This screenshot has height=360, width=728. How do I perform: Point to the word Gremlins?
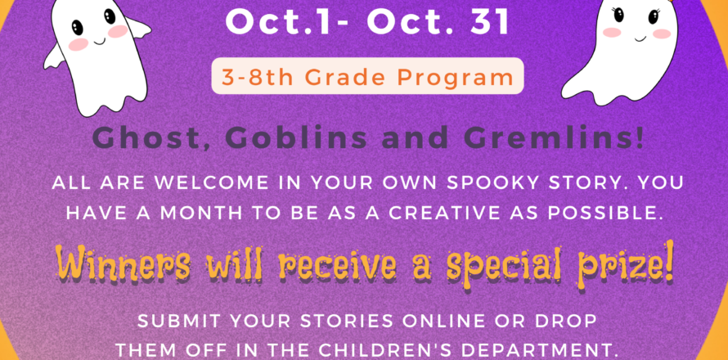coord(548,139)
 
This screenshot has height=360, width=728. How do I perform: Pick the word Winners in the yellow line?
coord(123,265)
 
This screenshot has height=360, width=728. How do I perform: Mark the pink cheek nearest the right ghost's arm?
coord(661,34)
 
